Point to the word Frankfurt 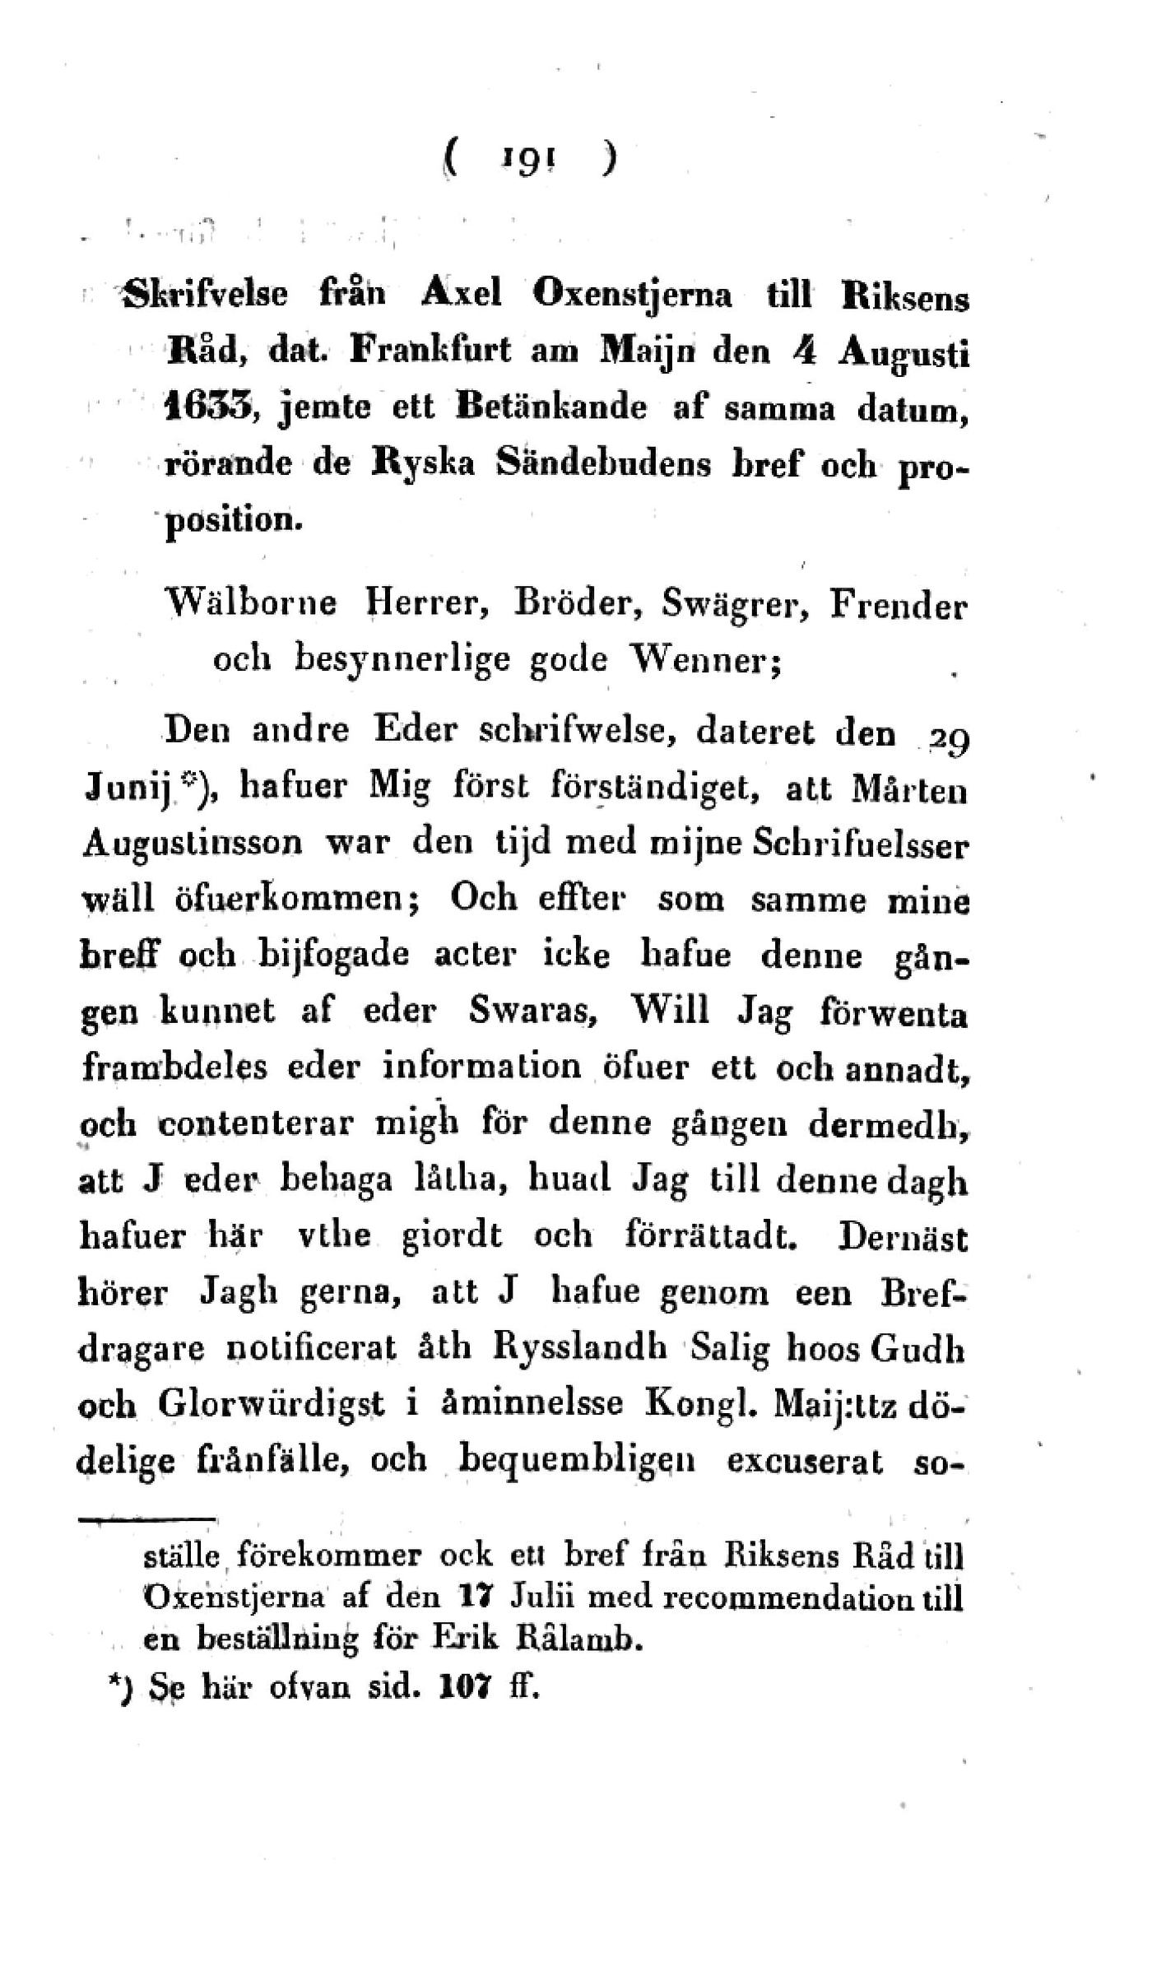[x=430, y=350]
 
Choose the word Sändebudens [x=603, y=463]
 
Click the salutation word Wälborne [x=250, y=604]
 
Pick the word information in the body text [x=481, y=1067]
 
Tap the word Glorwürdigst [x=271, y=1404]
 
